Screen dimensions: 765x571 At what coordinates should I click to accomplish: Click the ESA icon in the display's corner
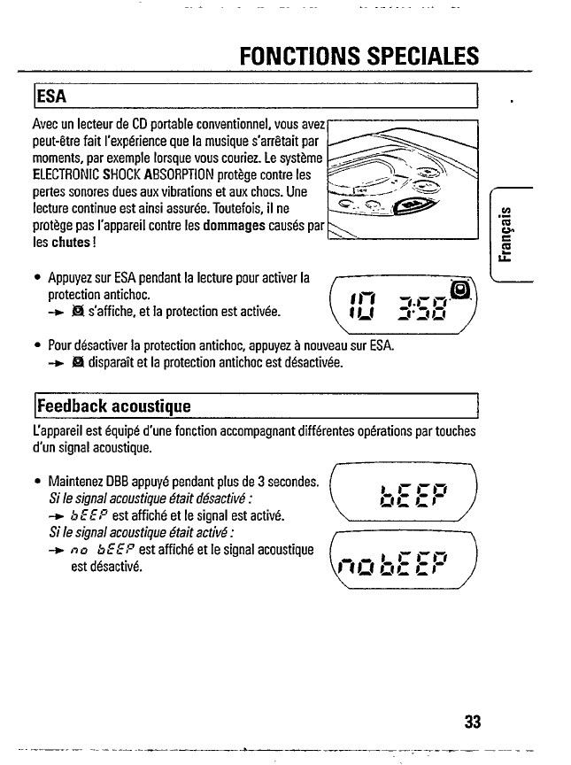pos(459,290)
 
